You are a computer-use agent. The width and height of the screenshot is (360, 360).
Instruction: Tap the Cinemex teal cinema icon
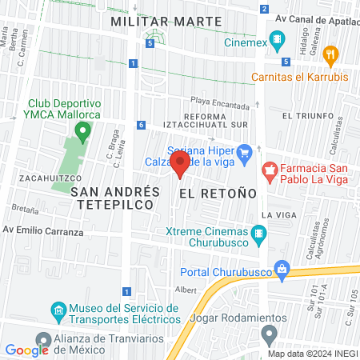click(278, 39)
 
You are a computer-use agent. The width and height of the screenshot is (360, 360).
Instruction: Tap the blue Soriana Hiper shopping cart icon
click(246, 150)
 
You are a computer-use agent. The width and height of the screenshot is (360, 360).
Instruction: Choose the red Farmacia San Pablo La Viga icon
click(270, 170)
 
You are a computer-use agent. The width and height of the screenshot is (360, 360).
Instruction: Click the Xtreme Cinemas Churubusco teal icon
click(258, 234)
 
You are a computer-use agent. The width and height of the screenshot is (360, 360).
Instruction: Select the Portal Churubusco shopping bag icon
click(281, 268)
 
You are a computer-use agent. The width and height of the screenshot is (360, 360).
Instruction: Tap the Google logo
click(26, 350)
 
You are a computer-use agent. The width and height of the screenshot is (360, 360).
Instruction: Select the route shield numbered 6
click(141, 125)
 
